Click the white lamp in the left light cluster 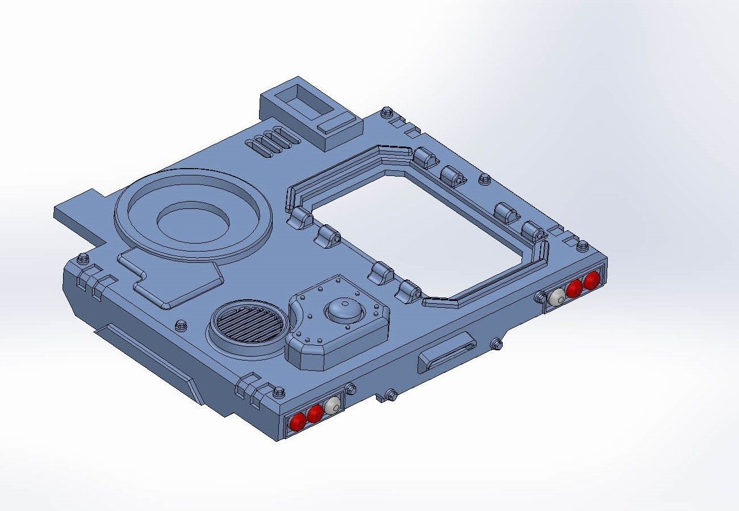click(x=333, y=405)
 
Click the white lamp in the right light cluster click(x=558, y=296)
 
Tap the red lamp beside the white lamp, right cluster click(x=574, y=288)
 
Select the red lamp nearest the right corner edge click(x=592, y=280)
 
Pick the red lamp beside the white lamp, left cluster click(x=315, y=413)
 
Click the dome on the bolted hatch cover click(x=343, y=310)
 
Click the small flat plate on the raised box click(x=336, y=123)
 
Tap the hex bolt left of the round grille click(x=181, y=325)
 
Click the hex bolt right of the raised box click(x=387, y=112)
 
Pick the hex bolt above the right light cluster click(x=582, y=245)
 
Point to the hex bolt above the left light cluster click(x=279, y=391)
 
